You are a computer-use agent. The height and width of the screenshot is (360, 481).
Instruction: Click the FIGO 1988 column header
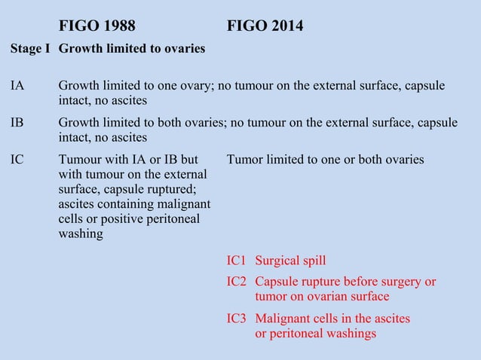pos(97,26)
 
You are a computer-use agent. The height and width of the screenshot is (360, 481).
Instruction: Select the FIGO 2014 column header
pos(265,26)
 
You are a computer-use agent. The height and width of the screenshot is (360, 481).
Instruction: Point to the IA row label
pos(17,86)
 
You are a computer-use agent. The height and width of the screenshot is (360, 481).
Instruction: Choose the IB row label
pos(17,123)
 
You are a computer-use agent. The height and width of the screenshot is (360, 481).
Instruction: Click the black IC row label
pos(17,160)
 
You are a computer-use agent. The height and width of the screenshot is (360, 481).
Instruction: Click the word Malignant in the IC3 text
pos(283,319)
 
